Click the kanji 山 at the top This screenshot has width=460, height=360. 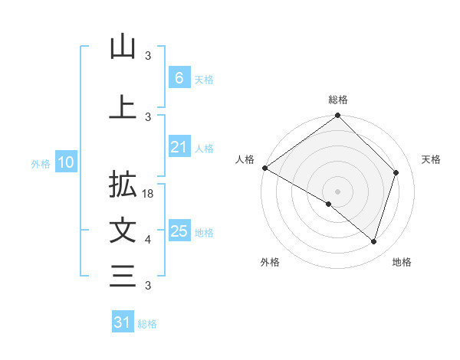pyautogui.click(x=123, y=47)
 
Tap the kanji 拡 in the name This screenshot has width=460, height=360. pyautogui.click(x=123, y=185)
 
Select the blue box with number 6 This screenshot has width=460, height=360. pyautogui.click(x=179, y=77)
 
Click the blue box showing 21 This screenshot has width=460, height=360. pyautogui.click(x=179, y=147)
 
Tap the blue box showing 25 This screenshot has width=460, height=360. pyautogui.click(x=179, y=231)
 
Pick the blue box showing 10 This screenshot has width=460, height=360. pyautogui.click(x=66, y=162)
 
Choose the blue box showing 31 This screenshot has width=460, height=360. pyautogui.click(x=123, y=322)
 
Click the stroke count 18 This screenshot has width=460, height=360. pyautogui.click(x=149, y=195)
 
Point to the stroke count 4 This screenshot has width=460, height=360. pyautogui.click(x=148, y=240)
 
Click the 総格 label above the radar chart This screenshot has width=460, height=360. pyautogui.click(x=338, y=100)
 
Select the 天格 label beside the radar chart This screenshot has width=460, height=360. pyautogui.click(x=432, y=159)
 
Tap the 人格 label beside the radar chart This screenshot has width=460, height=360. pyautogui.click(x=245, y=159)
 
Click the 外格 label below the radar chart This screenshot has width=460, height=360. pyautogui.click(x=270, y=263)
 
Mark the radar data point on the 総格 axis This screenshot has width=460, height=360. pyautogui.click(x=338, y=116)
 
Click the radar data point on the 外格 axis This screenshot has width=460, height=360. pyautogui.click(x=329, y=205)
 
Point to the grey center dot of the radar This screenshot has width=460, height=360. pyautogui.click(x=338, y=191)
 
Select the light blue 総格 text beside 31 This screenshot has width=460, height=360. pyautogui.click(x=147, y=324)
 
